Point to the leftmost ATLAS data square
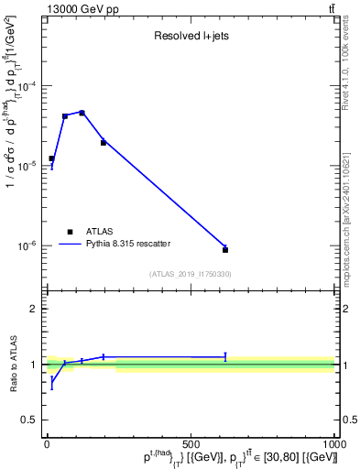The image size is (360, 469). (51, 158)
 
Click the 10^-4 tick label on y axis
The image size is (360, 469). (27, 86)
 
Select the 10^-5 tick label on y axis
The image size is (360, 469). (27, 166)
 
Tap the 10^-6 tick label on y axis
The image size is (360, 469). (27, 245)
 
